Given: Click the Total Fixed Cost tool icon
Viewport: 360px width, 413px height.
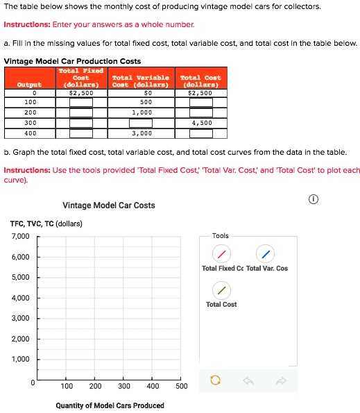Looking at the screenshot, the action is coord(220,254).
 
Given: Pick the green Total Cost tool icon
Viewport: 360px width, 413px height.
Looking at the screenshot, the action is coord(220,290).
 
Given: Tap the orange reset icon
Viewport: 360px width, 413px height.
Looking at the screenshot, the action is coord(214,380).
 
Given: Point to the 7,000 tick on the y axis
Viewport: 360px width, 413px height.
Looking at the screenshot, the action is coord(20,237).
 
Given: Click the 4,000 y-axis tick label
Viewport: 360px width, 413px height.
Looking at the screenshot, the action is coord(20,298).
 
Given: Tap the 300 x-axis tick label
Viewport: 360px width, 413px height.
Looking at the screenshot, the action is coord(124,387).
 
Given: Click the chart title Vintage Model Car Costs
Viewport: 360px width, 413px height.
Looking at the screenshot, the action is coord(108,205).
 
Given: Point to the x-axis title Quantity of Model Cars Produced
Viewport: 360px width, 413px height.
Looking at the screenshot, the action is coord(110,405).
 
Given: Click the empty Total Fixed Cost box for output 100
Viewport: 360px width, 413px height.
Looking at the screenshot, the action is coord(81,102).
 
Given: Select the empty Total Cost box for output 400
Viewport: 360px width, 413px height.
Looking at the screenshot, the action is coord(201,132).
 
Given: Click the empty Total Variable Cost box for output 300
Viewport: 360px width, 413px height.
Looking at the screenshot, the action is coord(142,122).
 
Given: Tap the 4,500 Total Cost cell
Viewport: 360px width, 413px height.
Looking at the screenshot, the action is coord(201,122).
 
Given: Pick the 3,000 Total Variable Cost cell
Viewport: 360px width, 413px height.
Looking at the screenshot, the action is coord(142,132).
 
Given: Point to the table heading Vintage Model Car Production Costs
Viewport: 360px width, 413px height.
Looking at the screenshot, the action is coord(73,61).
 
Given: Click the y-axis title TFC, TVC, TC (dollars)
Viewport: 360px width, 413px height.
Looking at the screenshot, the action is coord(46,224).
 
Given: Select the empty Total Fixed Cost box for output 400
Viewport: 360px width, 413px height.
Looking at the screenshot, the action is coord(81,132).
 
